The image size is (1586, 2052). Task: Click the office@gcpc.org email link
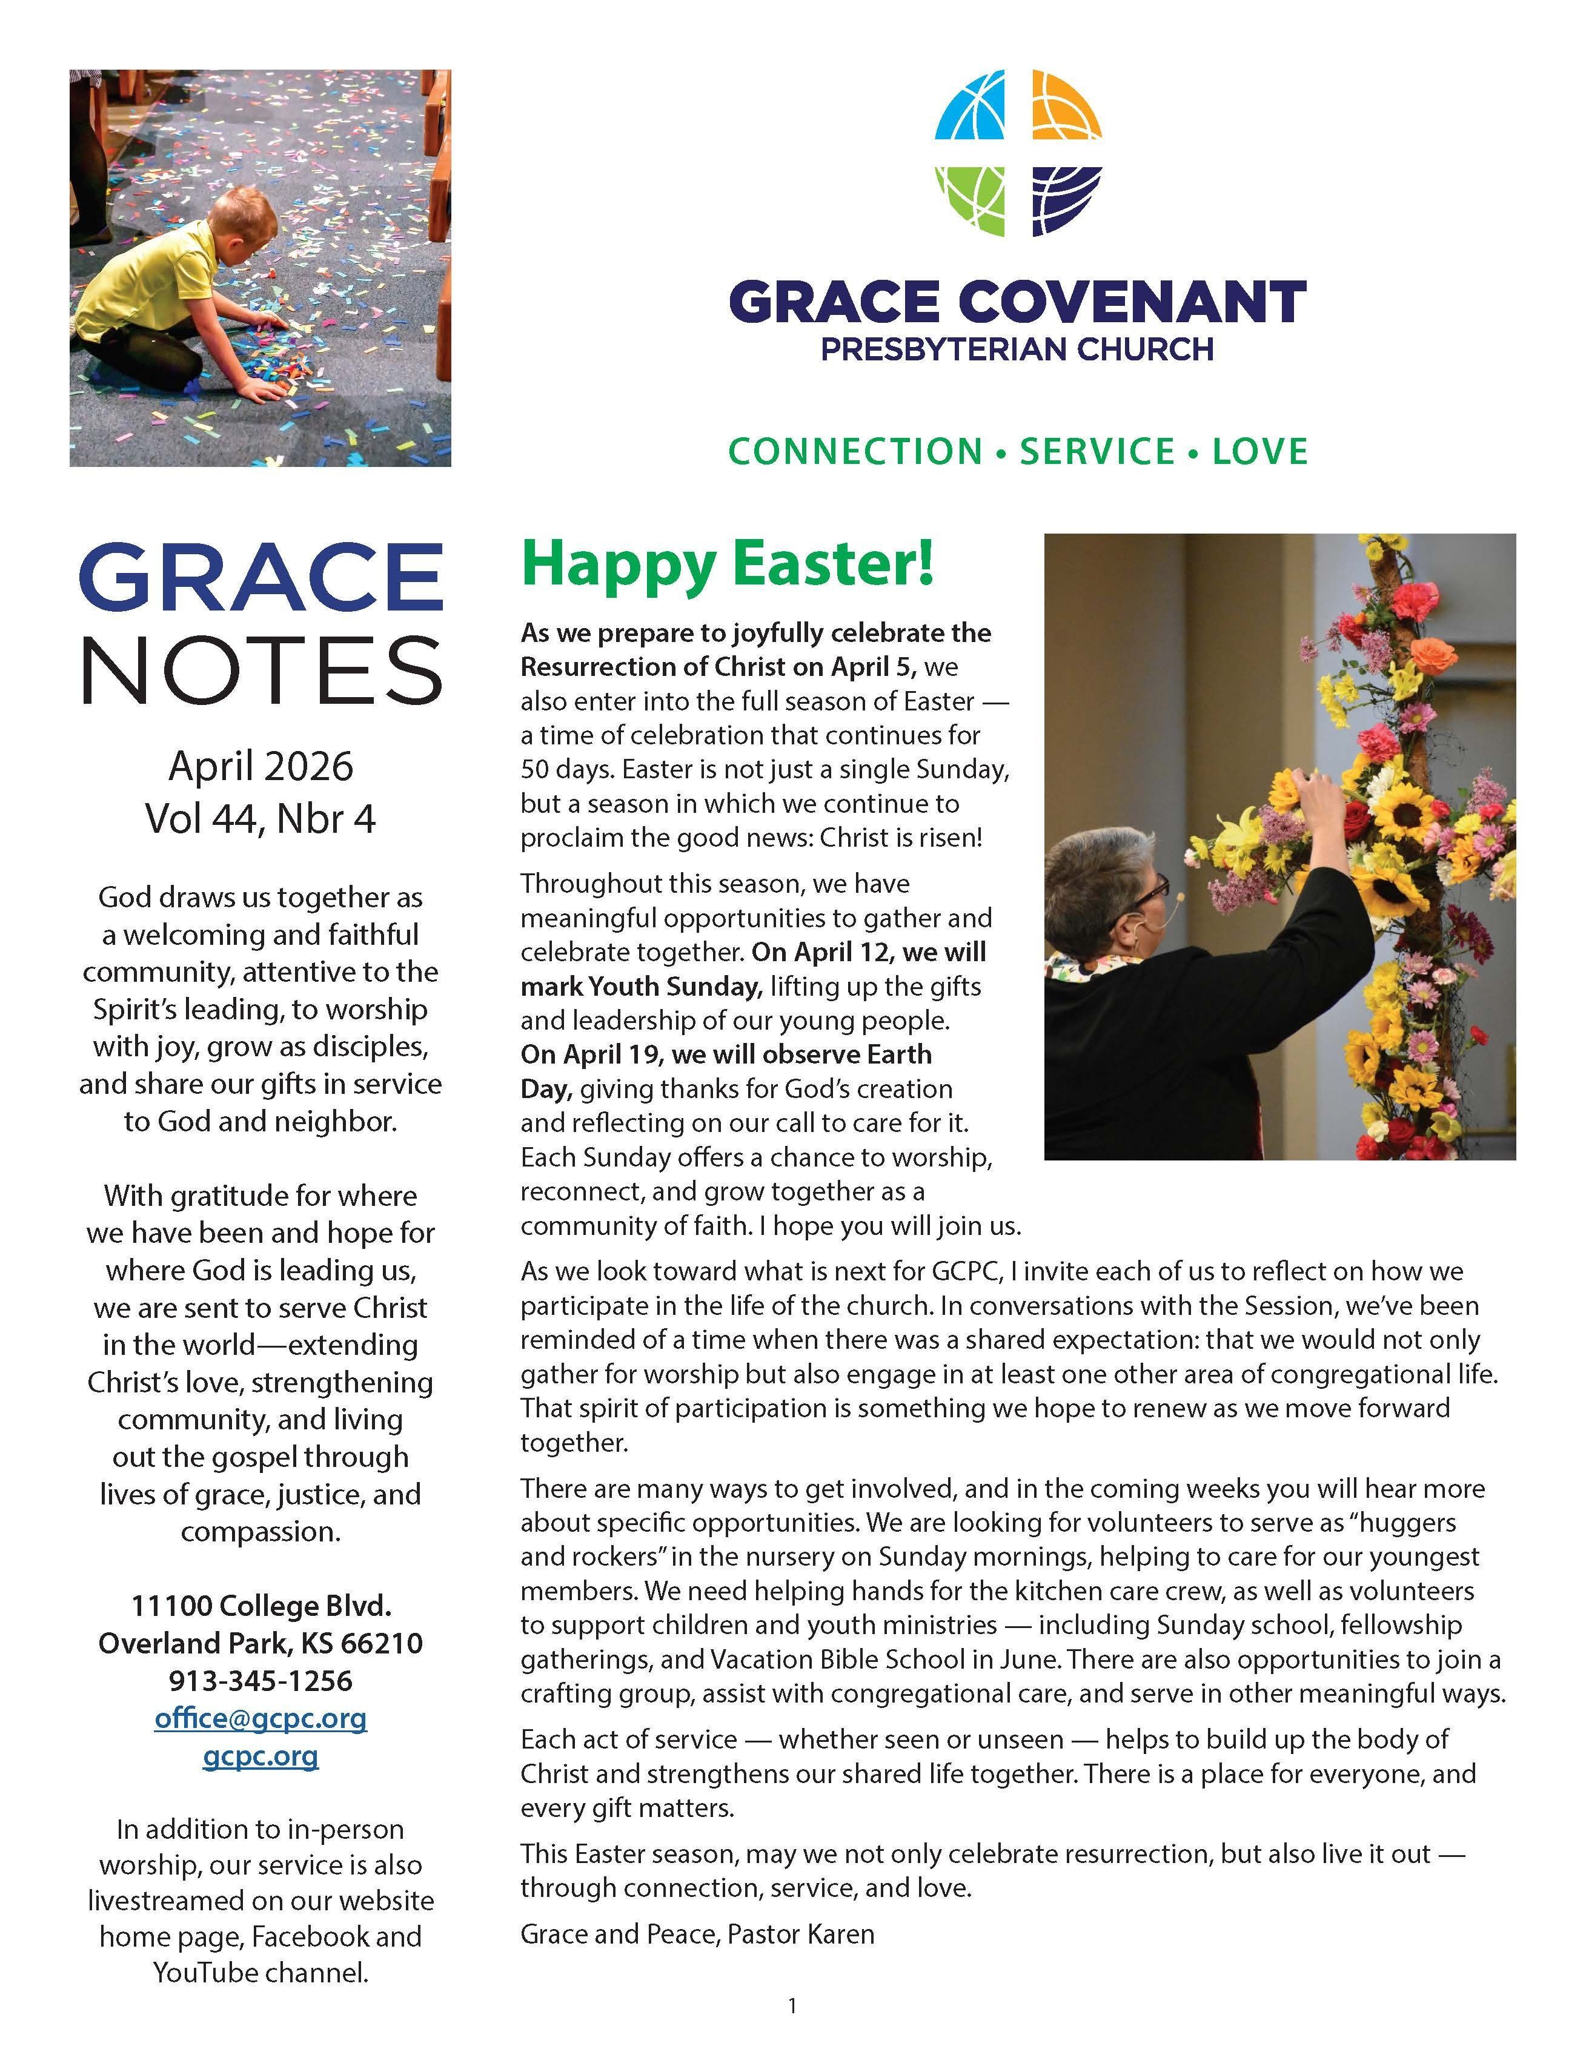[260, 1718]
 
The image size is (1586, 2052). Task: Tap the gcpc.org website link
[260, 1755]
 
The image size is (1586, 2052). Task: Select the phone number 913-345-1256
[260, 1680]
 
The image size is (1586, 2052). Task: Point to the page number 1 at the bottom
[792, 2006]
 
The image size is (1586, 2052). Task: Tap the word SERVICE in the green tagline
[1097, 451]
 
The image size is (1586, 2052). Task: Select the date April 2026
[260, 766]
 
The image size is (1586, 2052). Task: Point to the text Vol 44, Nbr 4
[260, 818]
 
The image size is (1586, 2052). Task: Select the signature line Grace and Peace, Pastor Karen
[697, 1934]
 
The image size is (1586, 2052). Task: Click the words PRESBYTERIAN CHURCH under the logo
[1017, 349]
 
